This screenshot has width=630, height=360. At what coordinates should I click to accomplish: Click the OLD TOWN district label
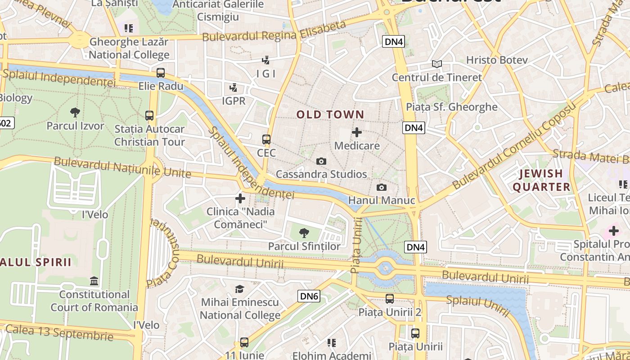click(x=330, y=115)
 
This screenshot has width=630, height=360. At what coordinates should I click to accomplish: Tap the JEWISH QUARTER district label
click(x=541, y=180)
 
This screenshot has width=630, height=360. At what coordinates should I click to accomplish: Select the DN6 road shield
click(x=309, y=296)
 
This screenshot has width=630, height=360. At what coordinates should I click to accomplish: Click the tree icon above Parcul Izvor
click(x=75, y=112)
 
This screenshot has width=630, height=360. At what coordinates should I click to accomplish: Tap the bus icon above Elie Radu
click(x=161, y=72)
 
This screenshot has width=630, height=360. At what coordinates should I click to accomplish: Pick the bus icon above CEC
click(x=266, y=139)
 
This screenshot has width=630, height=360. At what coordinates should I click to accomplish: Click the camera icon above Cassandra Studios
click(x=321, y=161)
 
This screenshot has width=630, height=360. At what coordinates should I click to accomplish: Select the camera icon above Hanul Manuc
click(x=381, y=187)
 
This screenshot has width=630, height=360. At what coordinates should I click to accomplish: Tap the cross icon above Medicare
click(x=357, y=132)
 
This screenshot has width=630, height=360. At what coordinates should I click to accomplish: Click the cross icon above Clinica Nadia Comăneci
click(x=240, y=198)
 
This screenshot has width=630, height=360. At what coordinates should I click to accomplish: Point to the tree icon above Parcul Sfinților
click(x=304, y=233)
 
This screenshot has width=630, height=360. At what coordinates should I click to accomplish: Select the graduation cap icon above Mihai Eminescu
click(x=240, y=289)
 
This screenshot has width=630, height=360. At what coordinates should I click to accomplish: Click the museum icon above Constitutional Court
click(x=94, y=281)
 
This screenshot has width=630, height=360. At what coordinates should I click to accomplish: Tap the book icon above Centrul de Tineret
click(x=436, y=64)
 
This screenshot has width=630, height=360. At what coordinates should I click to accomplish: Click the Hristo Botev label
click(x=496, y=60)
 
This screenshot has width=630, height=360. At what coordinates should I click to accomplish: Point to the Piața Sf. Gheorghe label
click(x=451, y=107)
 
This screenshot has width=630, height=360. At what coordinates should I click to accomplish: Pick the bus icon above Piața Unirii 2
click(x=389, y=298)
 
